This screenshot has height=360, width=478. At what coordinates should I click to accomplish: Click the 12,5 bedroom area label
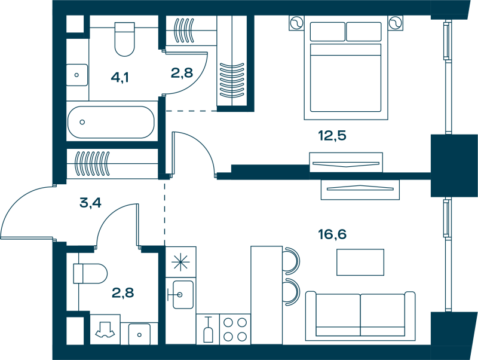point(332,136)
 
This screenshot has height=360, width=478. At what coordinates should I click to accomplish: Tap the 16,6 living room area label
point(332,234)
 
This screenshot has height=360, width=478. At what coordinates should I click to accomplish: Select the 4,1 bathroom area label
point(120,78)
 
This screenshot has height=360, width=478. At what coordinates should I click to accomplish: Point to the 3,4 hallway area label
point(90,203)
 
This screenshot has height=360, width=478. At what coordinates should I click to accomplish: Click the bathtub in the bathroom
point(111,122)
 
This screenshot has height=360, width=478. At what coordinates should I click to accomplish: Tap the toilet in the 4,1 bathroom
point(124,39)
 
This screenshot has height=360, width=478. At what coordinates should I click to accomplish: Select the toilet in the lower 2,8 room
point(90,274)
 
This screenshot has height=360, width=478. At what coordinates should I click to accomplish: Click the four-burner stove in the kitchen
point(235,330)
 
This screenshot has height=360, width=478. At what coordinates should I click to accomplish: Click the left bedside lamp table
point(296,23)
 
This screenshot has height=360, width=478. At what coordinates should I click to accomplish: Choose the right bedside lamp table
point(396,23)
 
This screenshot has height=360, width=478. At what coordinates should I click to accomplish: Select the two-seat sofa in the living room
point(360,316)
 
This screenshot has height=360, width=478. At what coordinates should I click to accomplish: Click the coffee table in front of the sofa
point(360,263)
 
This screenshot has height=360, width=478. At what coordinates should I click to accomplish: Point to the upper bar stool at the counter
point(291,261)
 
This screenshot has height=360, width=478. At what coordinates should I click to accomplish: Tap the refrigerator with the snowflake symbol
point(180,262)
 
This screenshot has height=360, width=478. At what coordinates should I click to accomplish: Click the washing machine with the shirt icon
point(105,330)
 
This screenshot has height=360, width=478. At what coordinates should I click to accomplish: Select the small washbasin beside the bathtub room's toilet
point(77,75)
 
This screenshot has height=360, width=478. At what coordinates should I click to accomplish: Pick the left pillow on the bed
point(327,32)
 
